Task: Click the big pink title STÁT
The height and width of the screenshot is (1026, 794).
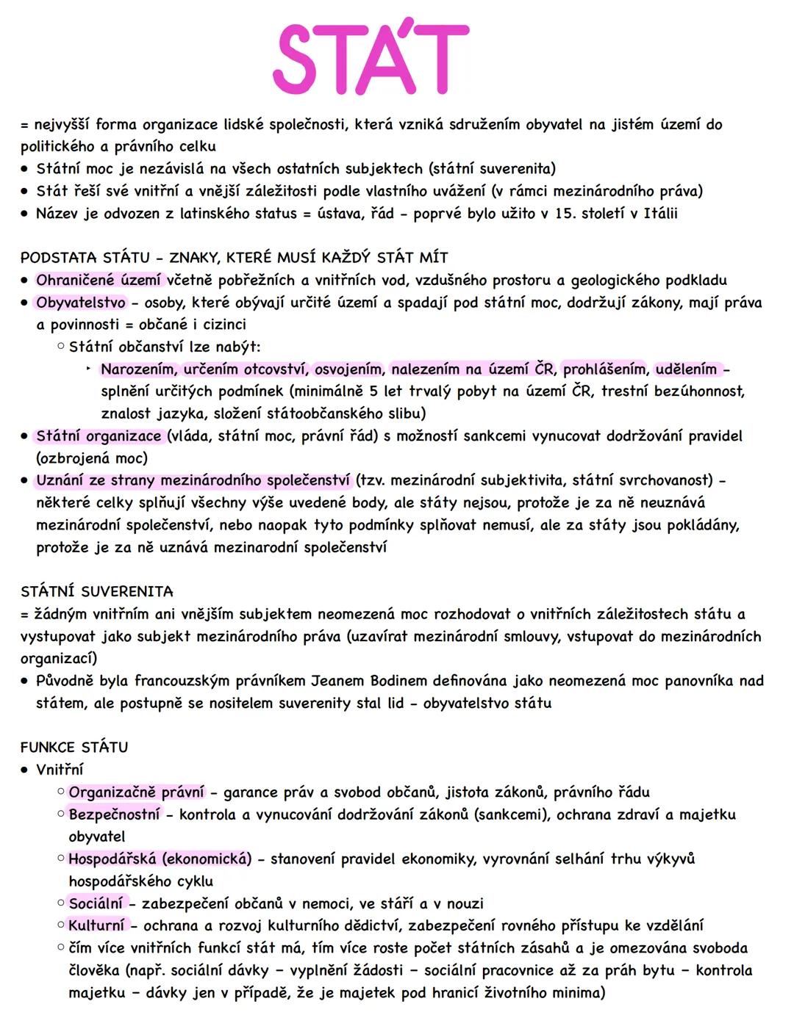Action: pos(371,59)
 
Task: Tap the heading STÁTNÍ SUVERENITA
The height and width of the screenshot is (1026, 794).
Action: pos(96,591)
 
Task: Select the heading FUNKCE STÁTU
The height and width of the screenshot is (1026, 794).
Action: pos(74,747)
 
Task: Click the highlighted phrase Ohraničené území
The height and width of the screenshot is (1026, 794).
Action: pos(99,280)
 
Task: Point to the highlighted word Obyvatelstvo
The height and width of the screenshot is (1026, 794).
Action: pos(81,303)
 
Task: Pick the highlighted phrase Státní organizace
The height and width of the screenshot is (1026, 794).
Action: pos(99,436)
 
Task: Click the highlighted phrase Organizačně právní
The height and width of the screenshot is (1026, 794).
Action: pos(136,792)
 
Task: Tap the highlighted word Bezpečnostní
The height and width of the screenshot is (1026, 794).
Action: pos(114,814)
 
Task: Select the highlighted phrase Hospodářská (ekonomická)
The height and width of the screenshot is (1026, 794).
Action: pos(160,859)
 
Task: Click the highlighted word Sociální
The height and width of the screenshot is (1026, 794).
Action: pos(96,903)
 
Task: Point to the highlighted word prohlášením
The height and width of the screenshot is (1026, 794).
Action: pos(604,369)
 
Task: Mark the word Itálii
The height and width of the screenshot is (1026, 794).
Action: pos(660,214)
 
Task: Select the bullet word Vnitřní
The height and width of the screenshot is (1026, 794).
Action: pos(60,770)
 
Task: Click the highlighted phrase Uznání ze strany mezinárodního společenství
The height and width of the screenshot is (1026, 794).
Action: pos(193,481)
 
